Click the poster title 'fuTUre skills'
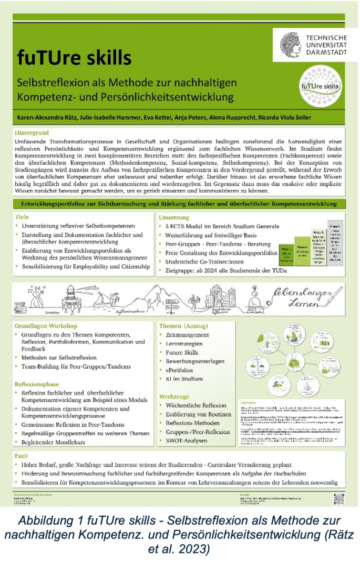coord(74,58)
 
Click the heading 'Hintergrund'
coord(31,132)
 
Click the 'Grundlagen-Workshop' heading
coord(46,326)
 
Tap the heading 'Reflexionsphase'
coord(37,383)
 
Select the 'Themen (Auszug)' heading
coord(184,326)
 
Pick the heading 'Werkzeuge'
coord(175,396)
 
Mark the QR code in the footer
coord(338,499)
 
